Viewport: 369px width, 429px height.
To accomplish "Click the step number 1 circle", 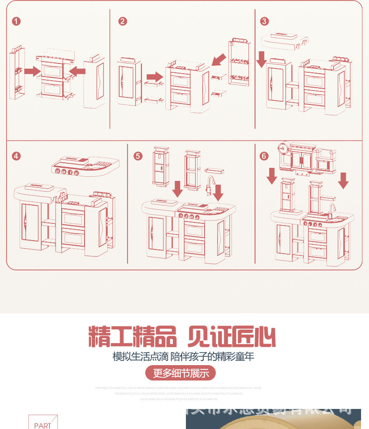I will point(17,21).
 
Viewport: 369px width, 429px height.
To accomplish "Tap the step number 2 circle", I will point(122,21).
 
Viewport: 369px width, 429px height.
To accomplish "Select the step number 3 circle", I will point(264,21).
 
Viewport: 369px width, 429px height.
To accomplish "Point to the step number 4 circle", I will point(17,156).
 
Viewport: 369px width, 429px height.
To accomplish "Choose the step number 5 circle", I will point(137,156).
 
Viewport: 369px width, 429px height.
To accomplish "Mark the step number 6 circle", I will point(264,156).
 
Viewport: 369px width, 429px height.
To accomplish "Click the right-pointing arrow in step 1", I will point(32,70).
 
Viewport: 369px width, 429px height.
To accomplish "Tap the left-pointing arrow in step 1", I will point(78,70).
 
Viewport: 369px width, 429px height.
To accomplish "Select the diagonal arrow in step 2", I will point(218,60).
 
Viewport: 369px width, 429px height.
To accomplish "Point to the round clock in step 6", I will point(284,149).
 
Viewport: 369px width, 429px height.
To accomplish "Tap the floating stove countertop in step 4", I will point(86,166).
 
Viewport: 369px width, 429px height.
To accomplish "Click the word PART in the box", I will point(43,425).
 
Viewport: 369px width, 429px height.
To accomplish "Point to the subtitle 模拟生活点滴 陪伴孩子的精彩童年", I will point(184,357).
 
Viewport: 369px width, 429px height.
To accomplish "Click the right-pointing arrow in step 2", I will point(154,76).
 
